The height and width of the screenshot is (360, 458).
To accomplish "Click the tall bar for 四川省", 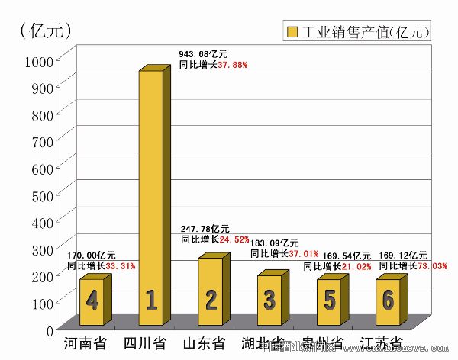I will (x=150, y=198).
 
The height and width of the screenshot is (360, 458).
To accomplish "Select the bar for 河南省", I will (x=91, y=304).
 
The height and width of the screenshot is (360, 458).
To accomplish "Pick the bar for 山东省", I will (x=210, y=294).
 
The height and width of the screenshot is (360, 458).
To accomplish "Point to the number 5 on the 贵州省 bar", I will (x=329, y=301).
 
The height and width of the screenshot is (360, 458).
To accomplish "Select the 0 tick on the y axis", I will (x=48, y=329).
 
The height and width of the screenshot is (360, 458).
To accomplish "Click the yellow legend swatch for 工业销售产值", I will (x=292, y=33).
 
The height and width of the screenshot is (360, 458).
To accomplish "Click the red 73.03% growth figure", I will (x=431, y=265).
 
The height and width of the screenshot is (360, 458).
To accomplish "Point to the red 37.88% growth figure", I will (x=233, y=65).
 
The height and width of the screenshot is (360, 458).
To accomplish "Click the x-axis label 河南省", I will (x=85, y=343).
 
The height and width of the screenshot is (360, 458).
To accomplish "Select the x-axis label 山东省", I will (x=204, y=343).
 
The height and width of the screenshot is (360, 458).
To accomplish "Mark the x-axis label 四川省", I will (x=145, y=343).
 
